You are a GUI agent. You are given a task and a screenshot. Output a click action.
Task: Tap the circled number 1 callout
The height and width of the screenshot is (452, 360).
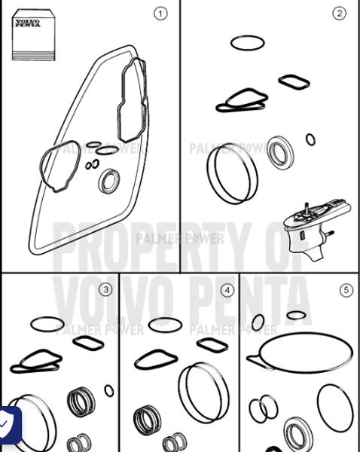(160, 13)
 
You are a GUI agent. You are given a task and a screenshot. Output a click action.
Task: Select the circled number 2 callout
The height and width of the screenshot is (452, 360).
(339, 13)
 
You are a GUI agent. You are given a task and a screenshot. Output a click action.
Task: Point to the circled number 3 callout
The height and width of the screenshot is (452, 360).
(105, 289)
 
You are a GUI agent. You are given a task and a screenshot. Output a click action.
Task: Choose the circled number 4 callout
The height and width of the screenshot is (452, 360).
(227, 289)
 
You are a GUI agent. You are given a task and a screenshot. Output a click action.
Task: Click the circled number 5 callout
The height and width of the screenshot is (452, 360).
(346, 289)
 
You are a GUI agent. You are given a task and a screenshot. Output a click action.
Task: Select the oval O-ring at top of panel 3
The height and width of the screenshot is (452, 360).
(47, 324)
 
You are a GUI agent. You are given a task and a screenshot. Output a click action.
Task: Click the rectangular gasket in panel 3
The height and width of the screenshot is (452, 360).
(89, 344)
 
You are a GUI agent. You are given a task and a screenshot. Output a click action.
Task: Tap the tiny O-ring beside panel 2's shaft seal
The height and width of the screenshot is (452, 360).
(310, 139)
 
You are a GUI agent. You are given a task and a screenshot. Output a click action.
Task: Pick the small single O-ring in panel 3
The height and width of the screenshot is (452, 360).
(109, 391)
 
